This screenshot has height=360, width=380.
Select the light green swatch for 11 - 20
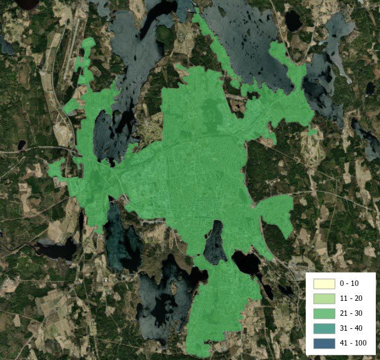(x=324, y=298)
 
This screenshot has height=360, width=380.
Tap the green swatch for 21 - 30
(x=324, y=313)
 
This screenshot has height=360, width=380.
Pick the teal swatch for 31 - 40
(x=324, y=328)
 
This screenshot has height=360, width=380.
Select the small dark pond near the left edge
(x=22, y=145)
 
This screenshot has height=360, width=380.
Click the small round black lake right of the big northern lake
(x=293, y=21)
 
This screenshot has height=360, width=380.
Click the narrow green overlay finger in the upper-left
(x=87, y=60)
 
